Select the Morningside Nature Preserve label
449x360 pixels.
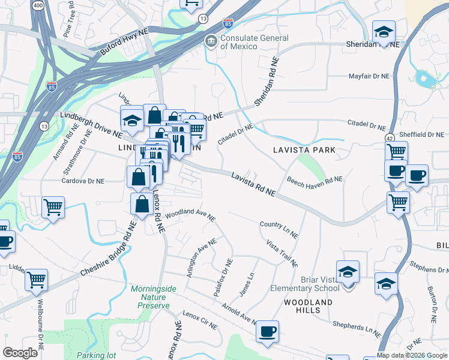154,297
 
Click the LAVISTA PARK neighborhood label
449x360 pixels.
303,149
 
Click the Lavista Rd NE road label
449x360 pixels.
253,183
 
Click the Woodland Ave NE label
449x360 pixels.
190,215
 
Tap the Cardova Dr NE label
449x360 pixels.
83,181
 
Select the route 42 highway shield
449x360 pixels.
390,138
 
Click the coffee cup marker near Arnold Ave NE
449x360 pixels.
267,331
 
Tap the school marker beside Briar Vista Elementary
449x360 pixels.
348,272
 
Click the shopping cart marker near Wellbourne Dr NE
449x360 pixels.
37,279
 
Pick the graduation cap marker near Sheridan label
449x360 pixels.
384,31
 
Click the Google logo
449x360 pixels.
20,353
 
